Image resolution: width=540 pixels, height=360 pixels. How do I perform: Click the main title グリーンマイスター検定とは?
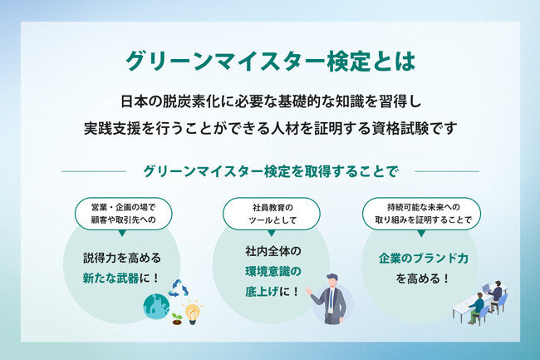pos(271,62)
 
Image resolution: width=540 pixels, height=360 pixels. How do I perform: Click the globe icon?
pos(157,306)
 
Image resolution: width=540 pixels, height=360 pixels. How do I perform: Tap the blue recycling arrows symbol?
pos(178,288)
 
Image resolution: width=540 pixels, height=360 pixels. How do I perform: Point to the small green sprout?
pos(177,318)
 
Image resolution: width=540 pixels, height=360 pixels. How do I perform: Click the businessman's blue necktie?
pos(331,298)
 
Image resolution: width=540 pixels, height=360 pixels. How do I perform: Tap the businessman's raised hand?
pos(308,291)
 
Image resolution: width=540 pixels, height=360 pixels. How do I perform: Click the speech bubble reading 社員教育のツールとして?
pos(272,214)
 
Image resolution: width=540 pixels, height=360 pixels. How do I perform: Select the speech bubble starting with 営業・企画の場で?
pos(123,214)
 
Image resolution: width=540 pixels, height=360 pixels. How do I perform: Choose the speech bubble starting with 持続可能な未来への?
pos(421,214)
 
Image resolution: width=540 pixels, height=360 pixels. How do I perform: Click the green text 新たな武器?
pos(110,278)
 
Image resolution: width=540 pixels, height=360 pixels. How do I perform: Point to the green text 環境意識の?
pos(273,272)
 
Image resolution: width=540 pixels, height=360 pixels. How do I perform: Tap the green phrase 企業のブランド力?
pos(423,258)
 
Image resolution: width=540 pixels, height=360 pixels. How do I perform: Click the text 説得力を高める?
pos(122,258)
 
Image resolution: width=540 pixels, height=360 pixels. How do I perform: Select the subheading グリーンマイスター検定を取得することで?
pos(271,171)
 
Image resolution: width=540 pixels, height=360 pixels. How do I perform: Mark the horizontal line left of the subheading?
pos(94,171)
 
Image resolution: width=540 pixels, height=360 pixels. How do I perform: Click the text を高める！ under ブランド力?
pos(423,279)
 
